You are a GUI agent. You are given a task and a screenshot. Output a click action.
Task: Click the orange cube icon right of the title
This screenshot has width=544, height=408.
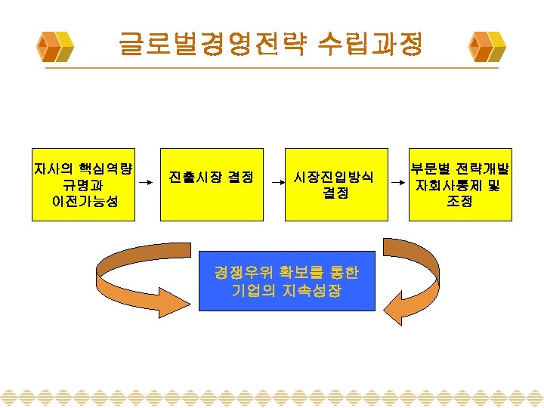[x=487, y=46]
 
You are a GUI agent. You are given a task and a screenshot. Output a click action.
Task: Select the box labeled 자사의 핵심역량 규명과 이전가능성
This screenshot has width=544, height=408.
[x=83, y=184]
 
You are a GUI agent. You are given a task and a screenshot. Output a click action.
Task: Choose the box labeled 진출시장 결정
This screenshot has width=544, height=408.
[x=212, y=184]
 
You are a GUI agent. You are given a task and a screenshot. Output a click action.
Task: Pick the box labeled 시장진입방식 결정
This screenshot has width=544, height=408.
[x=335, y=184]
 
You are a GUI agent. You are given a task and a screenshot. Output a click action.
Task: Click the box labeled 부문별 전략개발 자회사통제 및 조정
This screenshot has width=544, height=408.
[x=460, y=184]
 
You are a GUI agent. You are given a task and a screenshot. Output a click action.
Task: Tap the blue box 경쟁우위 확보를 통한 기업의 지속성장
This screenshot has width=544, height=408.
[x=286, y=280]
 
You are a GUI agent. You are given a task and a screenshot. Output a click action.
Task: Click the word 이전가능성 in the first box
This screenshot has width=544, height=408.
[x=84, y=202]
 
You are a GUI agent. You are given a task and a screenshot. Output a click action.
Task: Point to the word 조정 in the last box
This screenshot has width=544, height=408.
[x=459, y=202]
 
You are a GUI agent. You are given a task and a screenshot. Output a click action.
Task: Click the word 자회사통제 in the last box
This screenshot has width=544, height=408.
[x=447, y=185]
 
